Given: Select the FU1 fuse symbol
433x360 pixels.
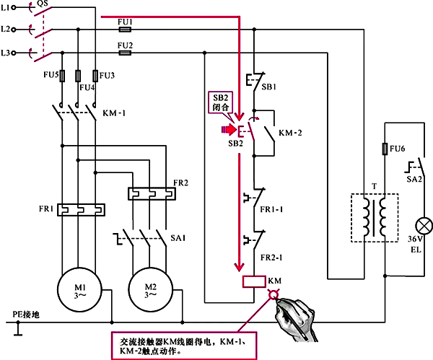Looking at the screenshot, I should coord(125,30).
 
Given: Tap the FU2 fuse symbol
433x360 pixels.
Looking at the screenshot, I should coord(125,52).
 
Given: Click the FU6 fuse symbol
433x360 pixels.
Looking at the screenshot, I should coord(385,149).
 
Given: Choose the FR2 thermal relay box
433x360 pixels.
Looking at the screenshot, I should coord(152,193).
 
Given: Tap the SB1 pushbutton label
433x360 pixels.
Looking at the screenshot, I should coord(268,85).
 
